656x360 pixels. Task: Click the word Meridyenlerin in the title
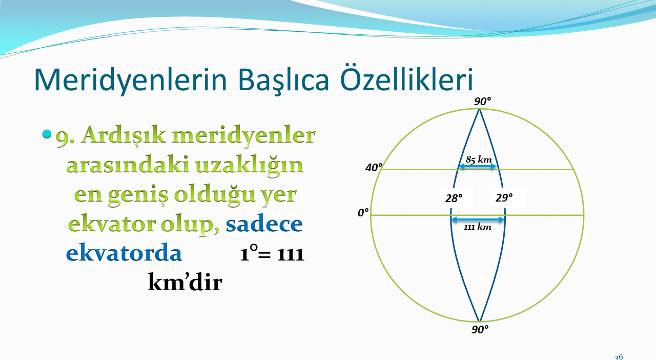pos(131,79)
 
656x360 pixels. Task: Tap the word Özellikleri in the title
pos(406,77)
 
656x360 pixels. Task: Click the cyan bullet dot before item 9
pos(47,134)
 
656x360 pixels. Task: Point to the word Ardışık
pos(124,135)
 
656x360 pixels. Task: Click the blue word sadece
pos(264,224)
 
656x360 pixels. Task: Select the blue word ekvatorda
pos(124,253)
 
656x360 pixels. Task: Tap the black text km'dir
pos(185,282)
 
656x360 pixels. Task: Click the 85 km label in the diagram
pos(479,159)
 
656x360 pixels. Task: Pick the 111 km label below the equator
pos(478,227)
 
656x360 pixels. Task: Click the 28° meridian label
pos(454,198)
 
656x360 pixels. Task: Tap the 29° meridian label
pos(504,198)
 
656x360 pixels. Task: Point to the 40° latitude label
pos(374,167)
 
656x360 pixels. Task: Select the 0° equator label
pos(363,212)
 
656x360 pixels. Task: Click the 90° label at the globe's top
pos(483,102)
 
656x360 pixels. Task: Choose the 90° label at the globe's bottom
pos(480,330)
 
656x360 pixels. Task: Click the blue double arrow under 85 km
pos(478,167)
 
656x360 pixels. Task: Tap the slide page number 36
pos(619,357)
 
